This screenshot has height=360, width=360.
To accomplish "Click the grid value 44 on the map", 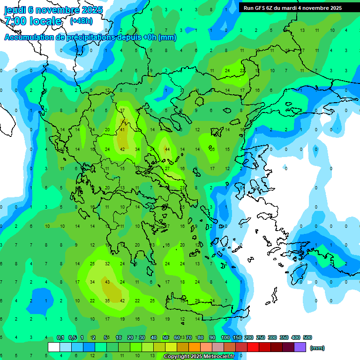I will coord(167,149).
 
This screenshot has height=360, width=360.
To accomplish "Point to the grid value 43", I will coord(107,282).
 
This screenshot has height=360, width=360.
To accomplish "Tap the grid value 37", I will coord(122,110).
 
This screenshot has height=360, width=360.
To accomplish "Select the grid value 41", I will coord(122,129).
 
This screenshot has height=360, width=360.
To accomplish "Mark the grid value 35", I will coord(107,300).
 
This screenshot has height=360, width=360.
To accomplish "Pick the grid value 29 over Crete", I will coord(197,300).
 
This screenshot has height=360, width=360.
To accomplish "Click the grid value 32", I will coord(107,264).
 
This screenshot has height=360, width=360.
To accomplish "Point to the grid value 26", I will coord(212,149).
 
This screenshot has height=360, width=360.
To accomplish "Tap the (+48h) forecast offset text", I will coord(81,21).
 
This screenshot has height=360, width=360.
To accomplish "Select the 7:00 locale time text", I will coord(33,21).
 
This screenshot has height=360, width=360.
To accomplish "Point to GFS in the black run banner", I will coord(262,8).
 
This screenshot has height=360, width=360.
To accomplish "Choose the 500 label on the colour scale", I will coord(307,337).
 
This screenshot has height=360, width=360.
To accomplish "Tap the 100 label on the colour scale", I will coord(225,337).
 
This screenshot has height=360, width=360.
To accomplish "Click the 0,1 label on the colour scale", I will coord(60,337).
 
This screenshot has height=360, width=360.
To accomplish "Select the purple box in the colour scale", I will coord(300,347).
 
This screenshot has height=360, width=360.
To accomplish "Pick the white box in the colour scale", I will coord(54,347).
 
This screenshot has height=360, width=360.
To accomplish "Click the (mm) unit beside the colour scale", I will coord(317,348).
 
